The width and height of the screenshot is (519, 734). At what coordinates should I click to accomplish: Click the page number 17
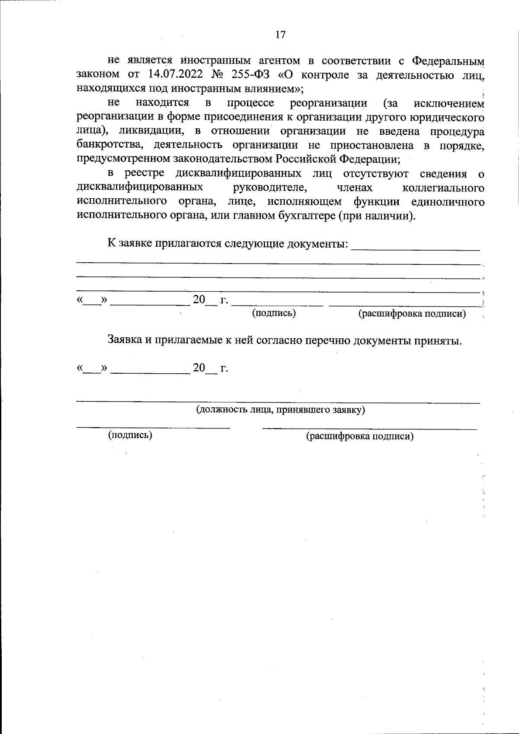280,35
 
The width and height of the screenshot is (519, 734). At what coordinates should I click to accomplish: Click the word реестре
144,174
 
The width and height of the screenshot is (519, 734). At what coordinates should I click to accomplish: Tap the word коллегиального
443,188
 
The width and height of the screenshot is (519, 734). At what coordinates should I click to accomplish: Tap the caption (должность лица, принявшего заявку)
281,410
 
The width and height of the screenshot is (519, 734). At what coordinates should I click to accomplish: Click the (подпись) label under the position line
130,435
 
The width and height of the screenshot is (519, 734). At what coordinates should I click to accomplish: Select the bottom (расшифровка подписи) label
360,436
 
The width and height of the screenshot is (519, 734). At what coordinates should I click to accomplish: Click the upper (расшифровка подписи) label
412,314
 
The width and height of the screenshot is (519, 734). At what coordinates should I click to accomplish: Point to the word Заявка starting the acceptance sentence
125,340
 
